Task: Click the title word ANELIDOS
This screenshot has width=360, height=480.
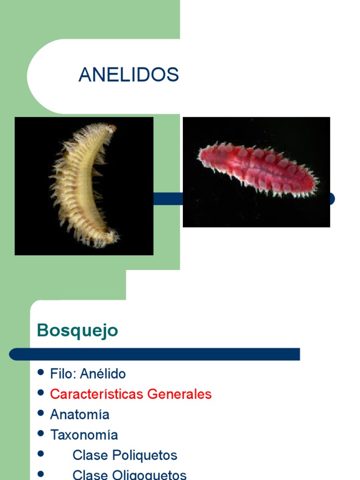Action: point(128,75)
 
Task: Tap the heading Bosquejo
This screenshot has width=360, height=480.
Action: point(77,331)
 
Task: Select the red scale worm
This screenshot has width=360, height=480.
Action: point(257,169)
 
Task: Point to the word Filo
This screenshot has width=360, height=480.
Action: point(63,374)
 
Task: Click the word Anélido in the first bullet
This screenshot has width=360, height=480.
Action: point(103,374)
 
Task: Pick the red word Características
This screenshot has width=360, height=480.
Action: point(97,394)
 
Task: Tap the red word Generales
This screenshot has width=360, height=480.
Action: point(180,394)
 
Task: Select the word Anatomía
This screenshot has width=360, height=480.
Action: point(80,415)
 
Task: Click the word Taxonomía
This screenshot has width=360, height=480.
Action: point(84,435)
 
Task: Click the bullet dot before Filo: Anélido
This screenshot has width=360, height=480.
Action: point(41,373)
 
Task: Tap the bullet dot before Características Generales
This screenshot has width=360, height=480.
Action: point(41,392)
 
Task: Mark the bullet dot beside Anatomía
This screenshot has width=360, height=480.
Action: point(41,413)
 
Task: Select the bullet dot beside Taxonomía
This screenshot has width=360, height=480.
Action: point(41,433)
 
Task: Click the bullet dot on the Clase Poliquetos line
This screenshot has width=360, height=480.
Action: point(41,454)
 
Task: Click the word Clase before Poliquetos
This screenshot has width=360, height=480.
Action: point(90,455)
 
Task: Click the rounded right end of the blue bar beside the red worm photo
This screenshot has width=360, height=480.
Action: point(332,199)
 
